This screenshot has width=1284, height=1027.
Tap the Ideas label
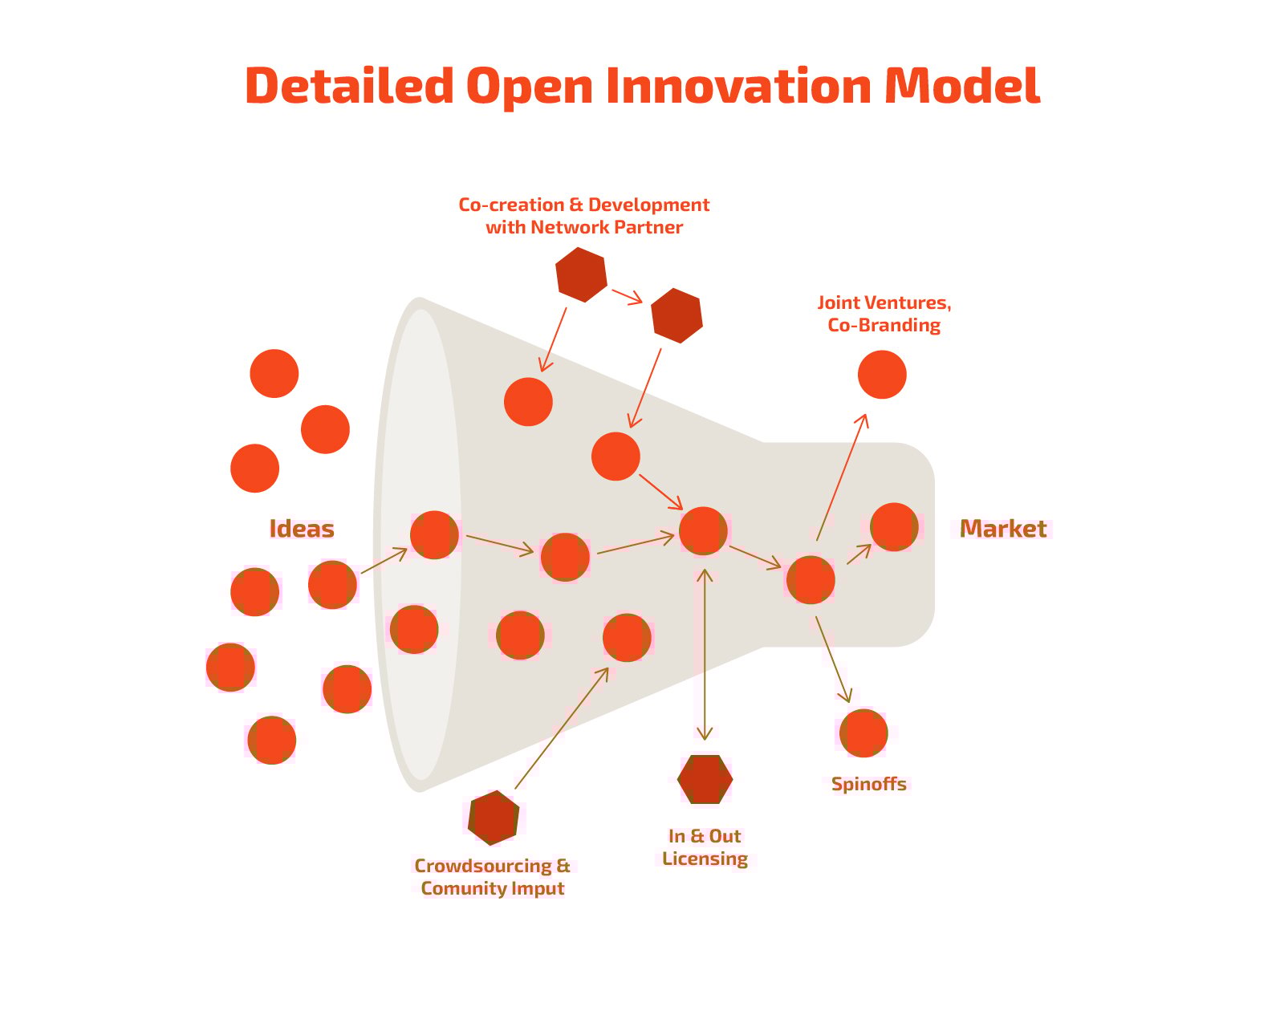pos(301,529)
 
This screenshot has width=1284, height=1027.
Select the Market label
pos(1002,529)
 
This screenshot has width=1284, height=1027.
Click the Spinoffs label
pos(868,784)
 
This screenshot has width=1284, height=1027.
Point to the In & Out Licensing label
pos(705,847)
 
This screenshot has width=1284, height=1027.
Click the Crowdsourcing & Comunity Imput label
pos(492,877)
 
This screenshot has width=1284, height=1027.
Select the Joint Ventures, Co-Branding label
pos(884,314)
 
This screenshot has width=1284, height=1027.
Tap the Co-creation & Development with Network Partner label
pos(583,216)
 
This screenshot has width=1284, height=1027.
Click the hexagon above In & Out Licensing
pos(705,779)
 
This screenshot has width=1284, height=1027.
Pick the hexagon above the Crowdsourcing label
pos(494,818)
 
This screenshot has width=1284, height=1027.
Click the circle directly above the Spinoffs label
pos(863,733)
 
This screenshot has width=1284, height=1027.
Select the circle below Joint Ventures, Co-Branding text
pos(882,375)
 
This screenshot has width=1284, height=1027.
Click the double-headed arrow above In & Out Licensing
pos(705,654)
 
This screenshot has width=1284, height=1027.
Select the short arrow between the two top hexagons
pos(627,296)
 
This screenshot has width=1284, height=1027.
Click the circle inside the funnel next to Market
pos(894,527)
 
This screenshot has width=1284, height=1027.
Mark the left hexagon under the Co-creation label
pos(581,274)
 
